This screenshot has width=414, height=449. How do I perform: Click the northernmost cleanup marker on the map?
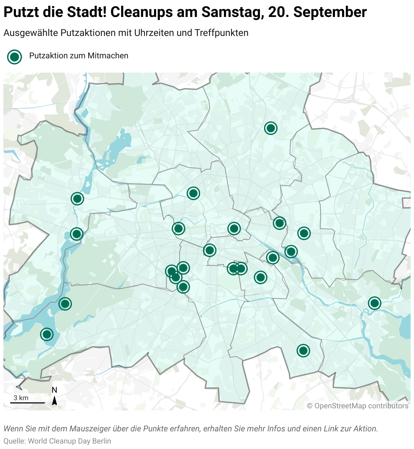[x=270, y=128]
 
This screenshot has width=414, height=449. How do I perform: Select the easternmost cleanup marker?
[x=374, y=303]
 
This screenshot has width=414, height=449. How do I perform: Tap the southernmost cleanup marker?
[x=303, y=350]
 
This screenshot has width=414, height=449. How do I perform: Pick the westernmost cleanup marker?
[x=47, y=334]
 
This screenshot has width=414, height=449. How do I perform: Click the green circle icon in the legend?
[x=15, y=57]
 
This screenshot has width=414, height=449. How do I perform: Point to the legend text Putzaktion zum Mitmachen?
[x=79, y=56]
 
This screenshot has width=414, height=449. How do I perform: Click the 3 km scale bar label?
[x=21, y=398]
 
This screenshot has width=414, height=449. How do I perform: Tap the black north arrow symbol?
[x=54, y=401]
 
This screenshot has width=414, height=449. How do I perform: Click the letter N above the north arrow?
[x=54, y=390]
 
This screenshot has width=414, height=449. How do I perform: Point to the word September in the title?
[x=330, y=12]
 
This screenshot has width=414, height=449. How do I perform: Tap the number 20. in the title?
[x=279, y=12]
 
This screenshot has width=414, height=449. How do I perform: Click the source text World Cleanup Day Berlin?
[x=70, y=441]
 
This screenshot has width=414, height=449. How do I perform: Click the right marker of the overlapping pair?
[x=241, y=269]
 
